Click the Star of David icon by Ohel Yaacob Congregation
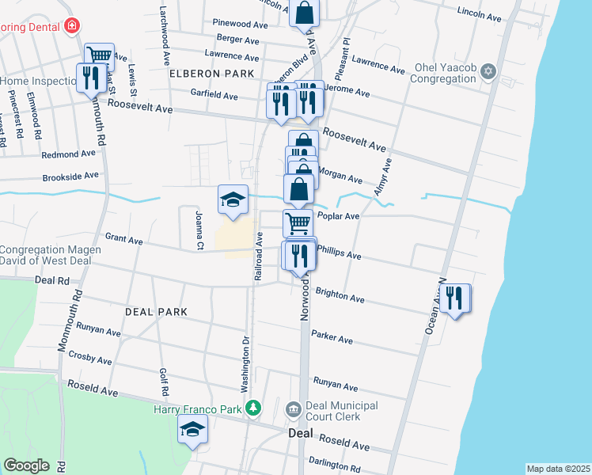point(488,73)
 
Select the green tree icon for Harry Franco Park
point(252,408)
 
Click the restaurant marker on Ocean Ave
point(455,298)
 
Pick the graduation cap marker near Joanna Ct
point(233,200)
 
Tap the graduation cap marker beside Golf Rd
point(192,431)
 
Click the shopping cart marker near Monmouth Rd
point(99,55)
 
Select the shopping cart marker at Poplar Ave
point(298,223)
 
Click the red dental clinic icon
point(72,25)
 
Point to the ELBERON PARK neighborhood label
point(211,74)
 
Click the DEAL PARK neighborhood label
point(157,312)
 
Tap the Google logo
point(26,465)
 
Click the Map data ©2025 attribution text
point(558,469)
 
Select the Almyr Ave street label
point(385,176)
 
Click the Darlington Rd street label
point(335,467)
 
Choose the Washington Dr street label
point(245,364)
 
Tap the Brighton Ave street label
point(340,295)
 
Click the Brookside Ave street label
point(70,176)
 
